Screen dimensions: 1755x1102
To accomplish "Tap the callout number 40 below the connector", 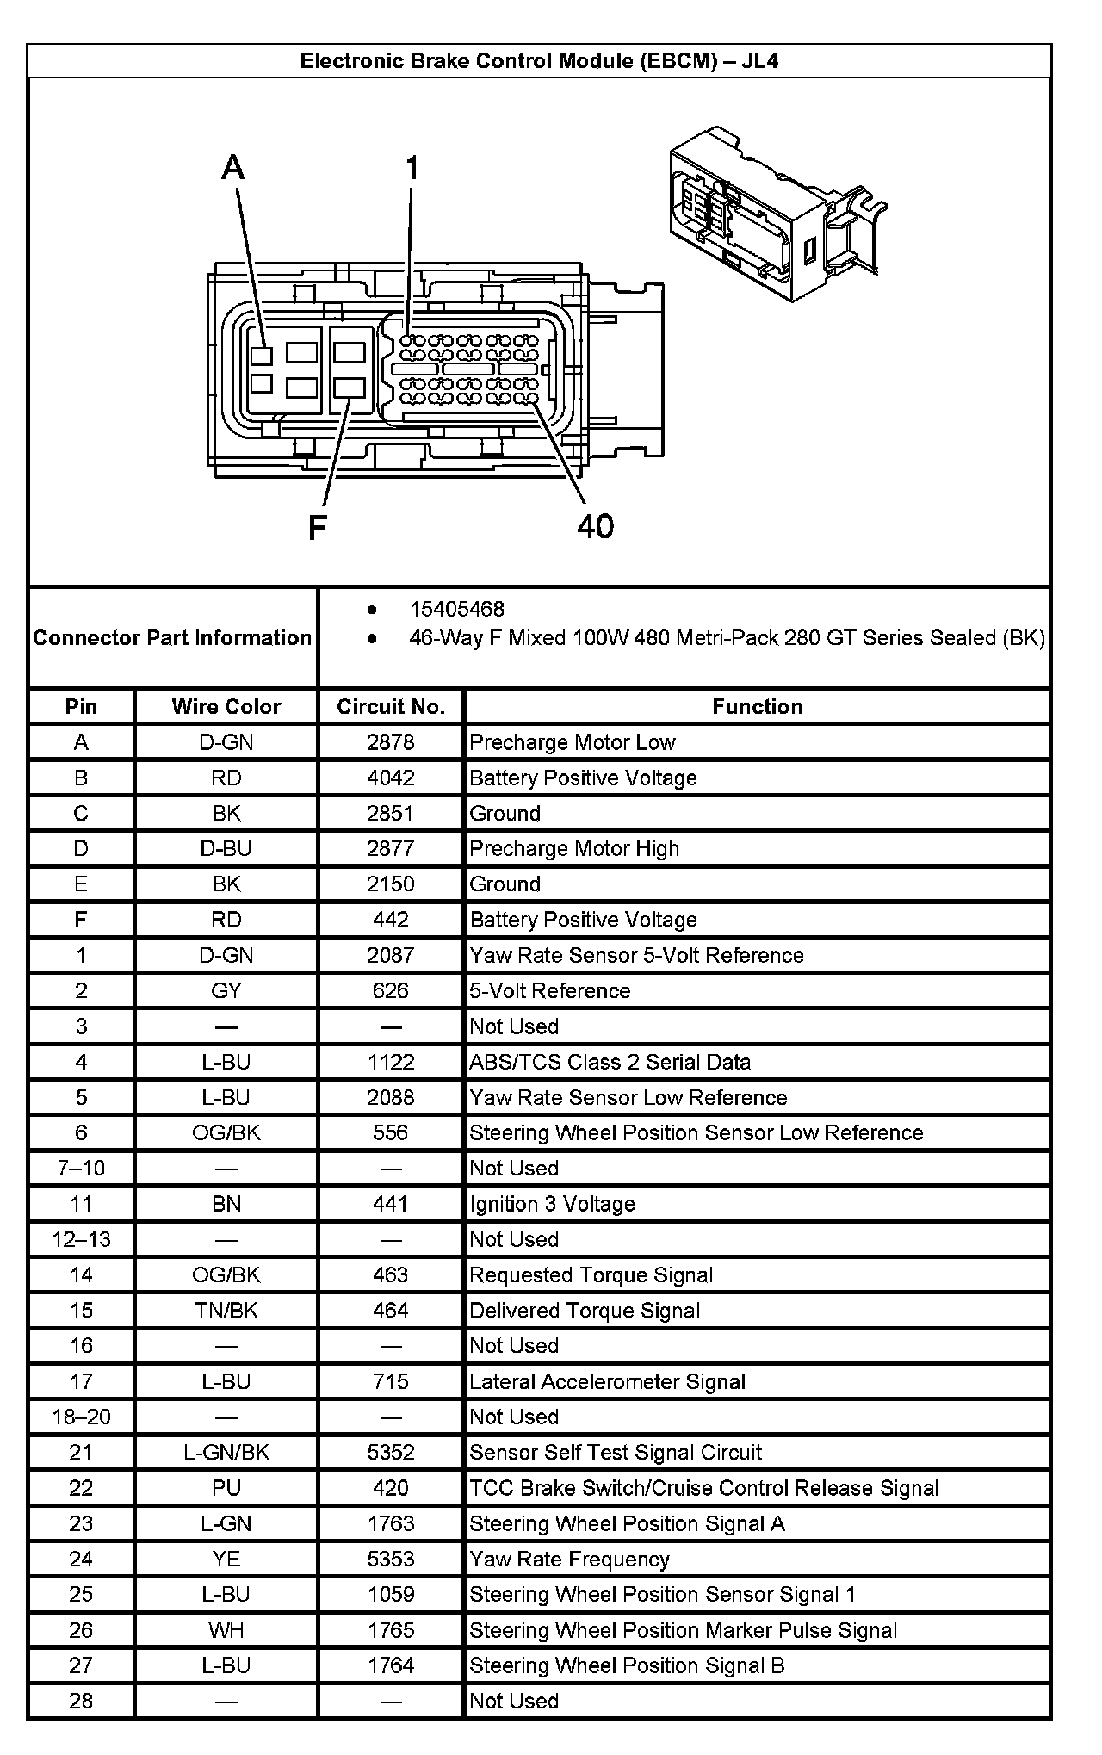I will tap(595, 525).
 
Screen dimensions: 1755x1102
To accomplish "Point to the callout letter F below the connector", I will tap(317, 527).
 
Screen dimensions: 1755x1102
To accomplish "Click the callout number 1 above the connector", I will tap(412, 168).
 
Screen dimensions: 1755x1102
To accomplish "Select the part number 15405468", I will tap(456, 609).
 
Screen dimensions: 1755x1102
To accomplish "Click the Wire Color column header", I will tap(226, 707).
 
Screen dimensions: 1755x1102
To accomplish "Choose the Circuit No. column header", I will tap(391, 707).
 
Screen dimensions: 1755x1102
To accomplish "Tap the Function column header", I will tap(757, 707).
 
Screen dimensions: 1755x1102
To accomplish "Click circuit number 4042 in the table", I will tap(391, 778).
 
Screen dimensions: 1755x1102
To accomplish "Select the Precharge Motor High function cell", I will tap(574, 849).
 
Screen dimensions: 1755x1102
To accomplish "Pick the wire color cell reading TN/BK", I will tap(226, 1311).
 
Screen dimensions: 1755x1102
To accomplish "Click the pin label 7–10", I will tap(81, 1169).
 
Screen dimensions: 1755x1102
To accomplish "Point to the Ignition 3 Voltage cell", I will tap(553, 1204).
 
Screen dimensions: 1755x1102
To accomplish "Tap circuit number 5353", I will tap(391, 1560).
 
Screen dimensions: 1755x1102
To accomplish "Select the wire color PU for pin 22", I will tap(226, 1488).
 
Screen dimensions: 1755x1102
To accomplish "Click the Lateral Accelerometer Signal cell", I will tap(607, 1382).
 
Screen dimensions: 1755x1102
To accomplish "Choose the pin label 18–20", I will tap(81, 1417).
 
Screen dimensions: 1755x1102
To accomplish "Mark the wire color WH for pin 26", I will tap(226, 1630).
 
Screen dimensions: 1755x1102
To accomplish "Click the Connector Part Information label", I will tap(172, 638).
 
